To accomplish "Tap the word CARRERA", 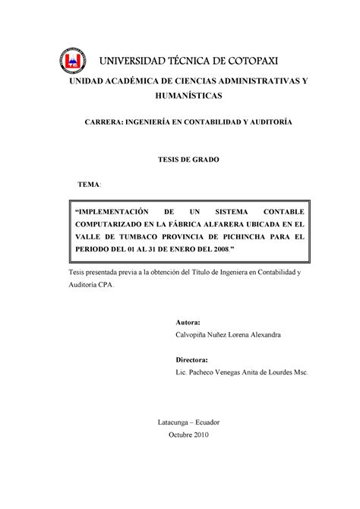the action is point(106,122).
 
